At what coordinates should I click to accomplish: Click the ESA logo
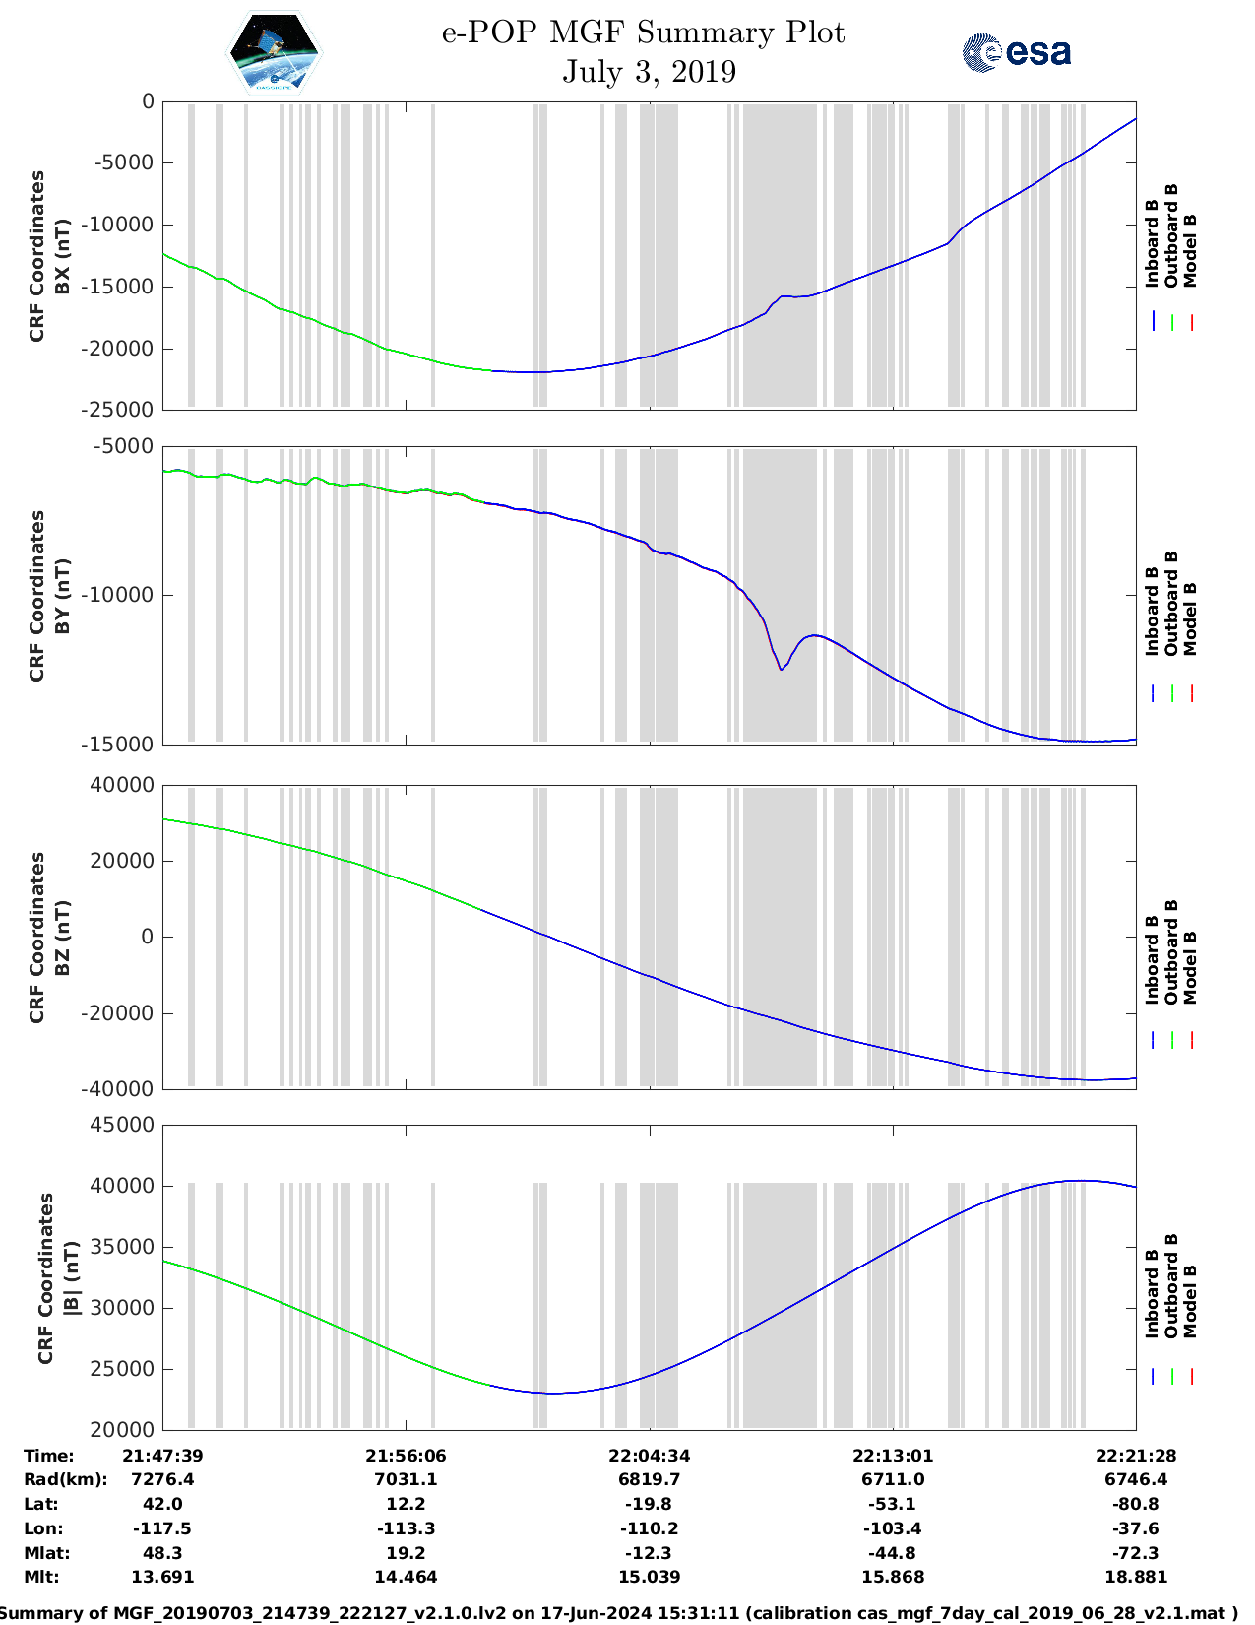[1016, 52]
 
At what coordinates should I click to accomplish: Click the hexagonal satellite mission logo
[274, 52]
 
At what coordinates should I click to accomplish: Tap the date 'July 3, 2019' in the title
[649, 72]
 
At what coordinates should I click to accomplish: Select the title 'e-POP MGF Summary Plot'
[643, 32]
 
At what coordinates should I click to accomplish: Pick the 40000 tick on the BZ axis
[124, 785]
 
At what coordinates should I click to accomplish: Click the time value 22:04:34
[649, 1456]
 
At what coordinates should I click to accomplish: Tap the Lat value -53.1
[893, 1504]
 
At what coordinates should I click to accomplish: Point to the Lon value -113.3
[406, 1528]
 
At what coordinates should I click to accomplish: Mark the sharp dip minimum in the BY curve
[782, 670]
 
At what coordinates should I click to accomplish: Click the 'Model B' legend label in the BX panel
[1190, 250]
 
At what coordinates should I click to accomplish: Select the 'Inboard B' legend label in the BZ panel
[1152, 960]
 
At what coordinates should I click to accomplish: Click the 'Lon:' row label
[43, 1528]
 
